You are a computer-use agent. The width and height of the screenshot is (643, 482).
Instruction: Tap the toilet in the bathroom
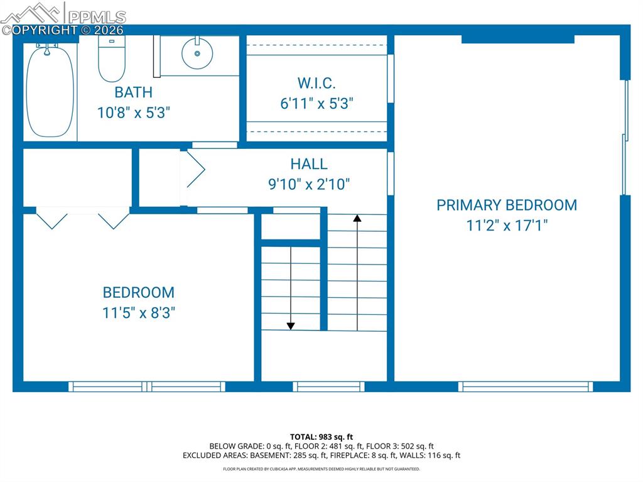[x=112, y=60]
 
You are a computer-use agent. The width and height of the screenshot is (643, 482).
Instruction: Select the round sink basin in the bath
[x=197, y=54]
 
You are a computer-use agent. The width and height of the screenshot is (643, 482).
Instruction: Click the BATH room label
[x=133, y=92]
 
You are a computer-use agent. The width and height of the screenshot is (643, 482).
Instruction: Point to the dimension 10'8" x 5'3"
[x=133, y=113]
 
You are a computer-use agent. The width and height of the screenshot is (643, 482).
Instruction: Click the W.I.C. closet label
[x=316, y=82]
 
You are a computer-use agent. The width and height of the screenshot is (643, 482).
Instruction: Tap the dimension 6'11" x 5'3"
[x=316, y=104]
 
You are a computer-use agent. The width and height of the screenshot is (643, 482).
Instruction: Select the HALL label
[x=308, y=164]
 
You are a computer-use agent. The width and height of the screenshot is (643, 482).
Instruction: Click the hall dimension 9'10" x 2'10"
[x=308, y=184]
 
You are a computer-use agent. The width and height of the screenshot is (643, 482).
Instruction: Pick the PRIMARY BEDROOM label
[x=507, y=205]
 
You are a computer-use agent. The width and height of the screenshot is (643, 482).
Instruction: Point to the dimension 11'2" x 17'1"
[x=507, y=225]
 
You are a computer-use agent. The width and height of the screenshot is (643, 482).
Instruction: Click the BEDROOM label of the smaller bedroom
[x=138, y=292]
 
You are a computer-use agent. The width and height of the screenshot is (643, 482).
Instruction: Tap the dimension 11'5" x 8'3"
[x=138, y=312]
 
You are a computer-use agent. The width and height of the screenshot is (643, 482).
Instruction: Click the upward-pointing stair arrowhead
[x=357, y=219]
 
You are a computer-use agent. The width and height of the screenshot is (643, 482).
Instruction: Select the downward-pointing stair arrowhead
[x=291, y=325]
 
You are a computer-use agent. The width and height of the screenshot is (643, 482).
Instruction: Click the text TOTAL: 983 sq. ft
[x=321, y=437]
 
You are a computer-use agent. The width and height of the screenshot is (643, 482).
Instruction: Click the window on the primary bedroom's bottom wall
[x=525, y=386]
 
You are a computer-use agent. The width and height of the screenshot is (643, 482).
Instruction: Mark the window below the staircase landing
[x=328, y=386]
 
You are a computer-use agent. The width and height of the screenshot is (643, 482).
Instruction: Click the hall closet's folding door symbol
[x=195, y=170]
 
